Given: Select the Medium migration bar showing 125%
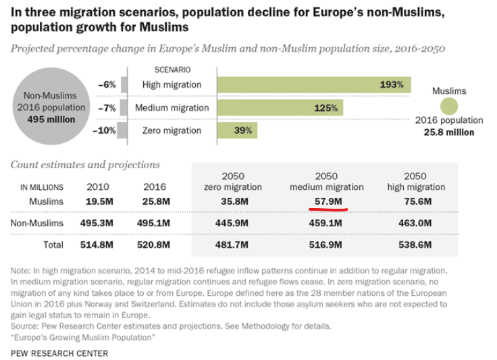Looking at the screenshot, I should [x=280, y=108].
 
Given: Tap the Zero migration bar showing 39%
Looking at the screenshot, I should [x=237, y=130].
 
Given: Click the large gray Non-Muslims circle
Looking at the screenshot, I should [x=53, y=107].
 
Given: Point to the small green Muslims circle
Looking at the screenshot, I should [x=449, y=107].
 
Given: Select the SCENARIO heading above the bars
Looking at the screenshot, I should [x=173, y=70].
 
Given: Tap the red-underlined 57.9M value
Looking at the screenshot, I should [x=328, y=201].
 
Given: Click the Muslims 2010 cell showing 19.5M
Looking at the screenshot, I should [x=100, y=201].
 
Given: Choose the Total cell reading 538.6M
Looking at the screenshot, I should [x=415, y=245].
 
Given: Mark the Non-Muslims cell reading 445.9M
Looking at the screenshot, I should [x=233, y=222].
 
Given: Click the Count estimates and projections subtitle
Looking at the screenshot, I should [x=86, y=164].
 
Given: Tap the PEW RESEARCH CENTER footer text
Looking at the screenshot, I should [x=59, y=353].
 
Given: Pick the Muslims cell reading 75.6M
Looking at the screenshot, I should [x=415, y=201].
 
